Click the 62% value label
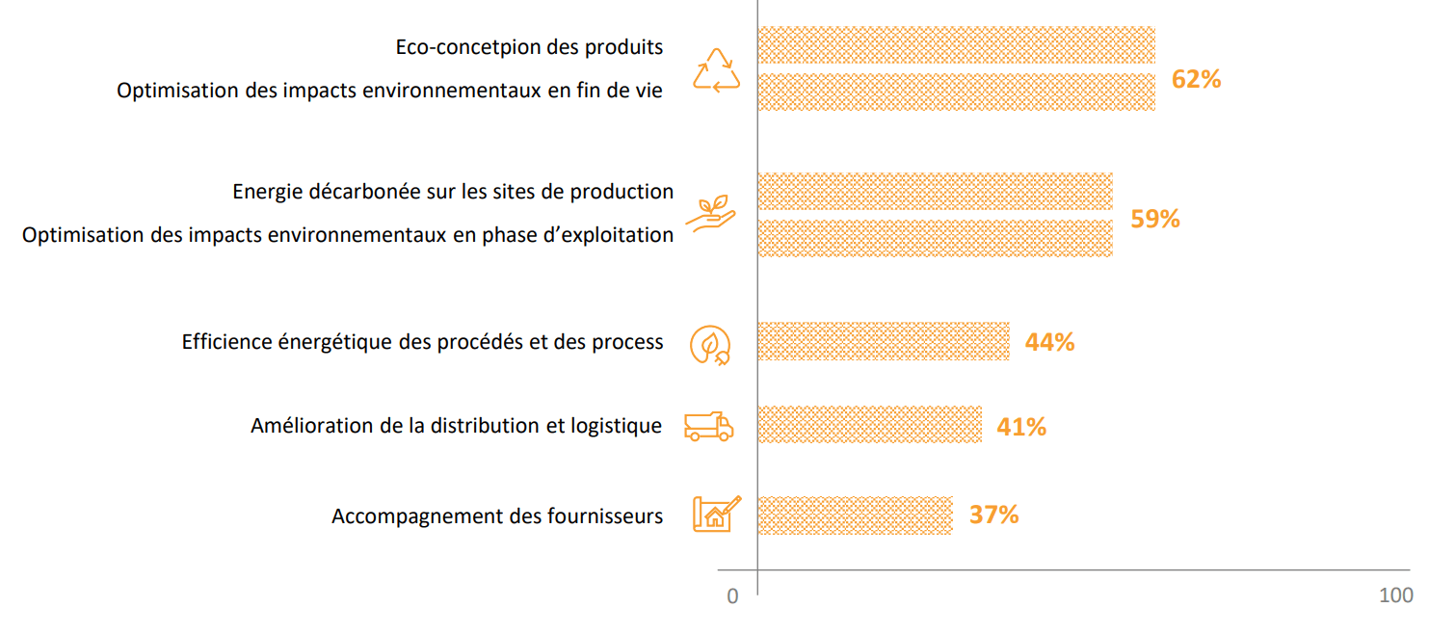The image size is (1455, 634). tap(1196, 79)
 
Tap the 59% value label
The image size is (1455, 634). tap(1154, 219)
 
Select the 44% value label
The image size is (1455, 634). tap(1049, 342)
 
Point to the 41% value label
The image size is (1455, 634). tap(1021, 426)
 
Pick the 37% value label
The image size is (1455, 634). tap(993, 515)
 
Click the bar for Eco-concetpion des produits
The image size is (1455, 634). tap(956, 45)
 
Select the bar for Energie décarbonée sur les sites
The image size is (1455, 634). tap(935, 192)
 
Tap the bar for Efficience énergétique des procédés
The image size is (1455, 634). tap(883, 341)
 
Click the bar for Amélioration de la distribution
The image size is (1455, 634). tap(869, 425)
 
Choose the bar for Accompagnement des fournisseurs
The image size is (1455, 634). tap(855, 515)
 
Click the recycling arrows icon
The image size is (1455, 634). tap(717, 71)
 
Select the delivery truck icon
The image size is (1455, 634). tap(708, 426)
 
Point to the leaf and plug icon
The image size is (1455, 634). tap(710, 344)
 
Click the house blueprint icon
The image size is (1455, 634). tap(717, 514)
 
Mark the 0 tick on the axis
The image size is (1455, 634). tap(732, 596)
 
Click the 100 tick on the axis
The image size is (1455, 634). tap(1395, 595)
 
